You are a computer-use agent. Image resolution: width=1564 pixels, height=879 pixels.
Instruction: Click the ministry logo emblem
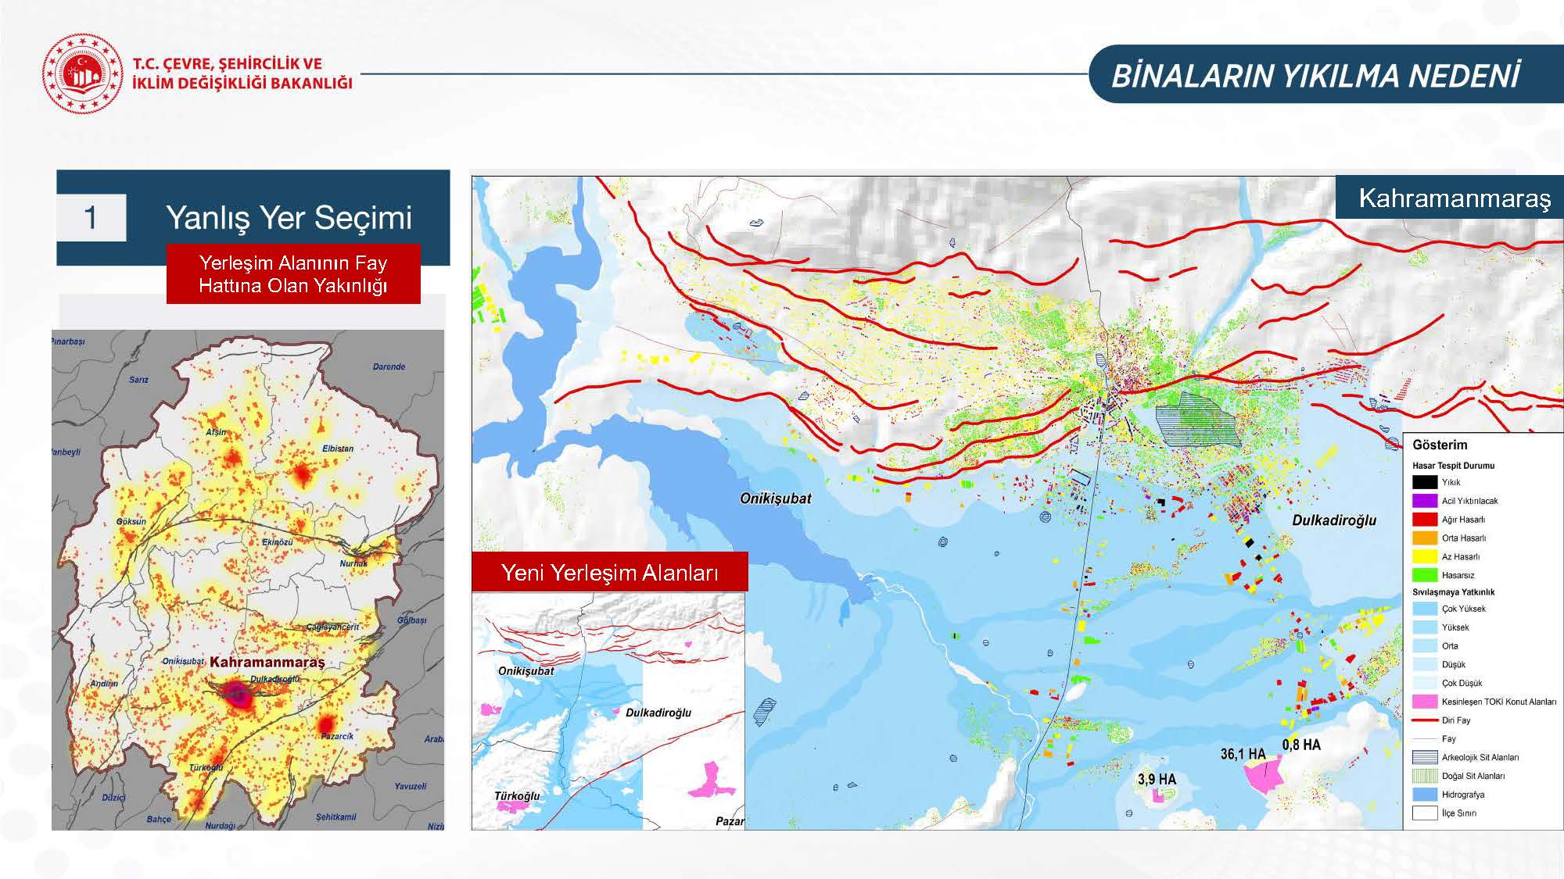82,73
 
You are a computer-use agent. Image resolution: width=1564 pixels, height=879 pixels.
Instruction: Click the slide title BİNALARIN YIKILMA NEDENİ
1315,76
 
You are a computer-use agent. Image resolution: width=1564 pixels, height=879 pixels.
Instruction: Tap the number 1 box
91,217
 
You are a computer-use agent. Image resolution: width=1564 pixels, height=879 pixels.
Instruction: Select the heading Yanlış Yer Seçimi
289,217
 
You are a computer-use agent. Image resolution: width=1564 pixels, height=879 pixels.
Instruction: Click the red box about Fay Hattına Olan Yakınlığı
293,273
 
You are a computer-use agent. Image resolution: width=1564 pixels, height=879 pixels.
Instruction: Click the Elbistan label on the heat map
338,448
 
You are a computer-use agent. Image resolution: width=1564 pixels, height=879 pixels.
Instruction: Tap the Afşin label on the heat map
216,432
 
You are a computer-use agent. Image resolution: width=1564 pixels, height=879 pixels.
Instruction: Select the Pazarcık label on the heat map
337,736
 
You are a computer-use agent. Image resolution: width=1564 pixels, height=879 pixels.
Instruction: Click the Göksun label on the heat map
131,521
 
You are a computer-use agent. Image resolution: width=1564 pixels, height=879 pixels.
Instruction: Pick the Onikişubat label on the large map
775,498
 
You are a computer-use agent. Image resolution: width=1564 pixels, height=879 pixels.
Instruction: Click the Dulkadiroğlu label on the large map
1334,520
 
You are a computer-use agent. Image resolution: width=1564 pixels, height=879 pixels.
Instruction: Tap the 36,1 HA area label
1243,754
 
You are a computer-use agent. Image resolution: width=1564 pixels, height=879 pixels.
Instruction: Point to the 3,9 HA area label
1157,779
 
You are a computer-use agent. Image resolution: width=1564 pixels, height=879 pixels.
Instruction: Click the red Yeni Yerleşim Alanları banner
609,573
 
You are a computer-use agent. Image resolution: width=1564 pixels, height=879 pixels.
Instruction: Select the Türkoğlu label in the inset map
517,796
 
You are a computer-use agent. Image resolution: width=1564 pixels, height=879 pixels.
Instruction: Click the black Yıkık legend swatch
1424,482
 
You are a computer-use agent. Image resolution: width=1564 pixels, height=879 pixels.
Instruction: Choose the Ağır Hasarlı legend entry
1463,520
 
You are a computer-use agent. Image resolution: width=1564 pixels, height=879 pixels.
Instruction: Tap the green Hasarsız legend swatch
1424,575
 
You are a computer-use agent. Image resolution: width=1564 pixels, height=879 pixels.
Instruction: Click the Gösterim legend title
1440,445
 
